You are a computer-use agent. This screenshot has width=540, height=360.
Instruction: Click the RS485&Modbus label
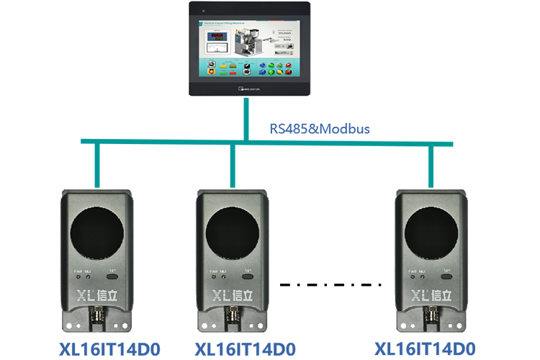click(319, 130)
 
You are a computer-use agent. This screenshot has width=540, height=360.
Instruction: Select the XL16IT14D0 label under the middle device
click(246, 349)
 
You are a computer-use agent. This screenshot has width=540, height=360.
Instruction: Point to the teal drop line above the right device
click(432, 166)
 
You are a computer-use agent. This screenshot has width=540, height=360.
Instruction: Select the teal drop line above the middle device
click(233, 166)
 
